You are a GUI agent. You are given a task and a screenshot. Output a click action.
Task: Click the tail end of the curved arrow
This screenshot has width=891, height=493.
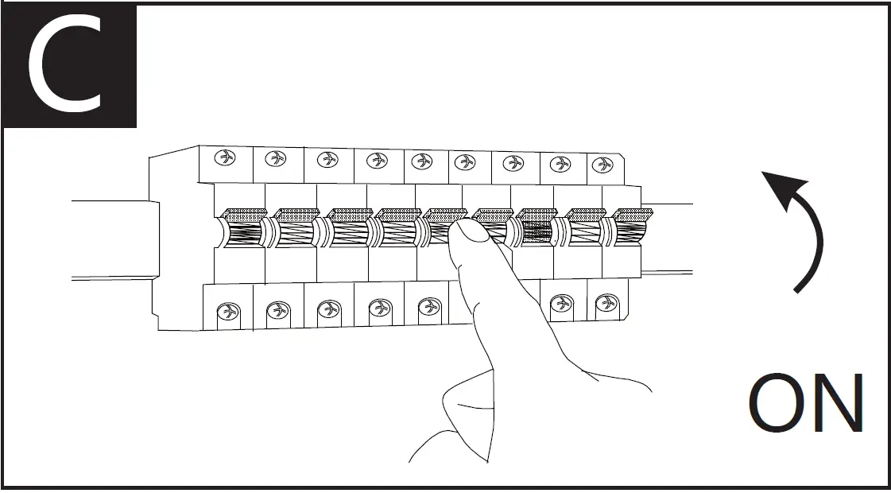point(796,290)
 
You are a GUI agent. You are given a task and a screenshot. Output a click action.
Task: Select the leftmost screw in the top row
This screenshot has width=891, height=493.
point(227,158)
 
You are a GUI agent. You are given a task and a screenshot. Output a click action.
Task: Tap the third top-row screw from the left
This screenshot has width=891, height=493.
point(327,160)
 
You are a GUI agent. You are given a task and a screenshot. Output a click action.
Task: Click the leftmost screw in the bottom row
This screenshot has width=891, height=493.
point(230,309)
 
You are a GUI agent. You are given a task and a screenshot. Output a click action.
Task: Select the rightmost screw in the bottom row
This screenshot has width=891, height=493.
point(606,303)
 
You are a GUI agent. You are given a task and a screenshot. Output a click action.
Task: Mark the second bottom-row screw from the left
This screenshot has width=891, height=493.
point(278,309)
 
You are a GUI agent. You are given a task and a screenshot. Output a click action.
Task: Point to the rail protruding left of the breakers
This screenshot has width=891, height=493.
point(111,239)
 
